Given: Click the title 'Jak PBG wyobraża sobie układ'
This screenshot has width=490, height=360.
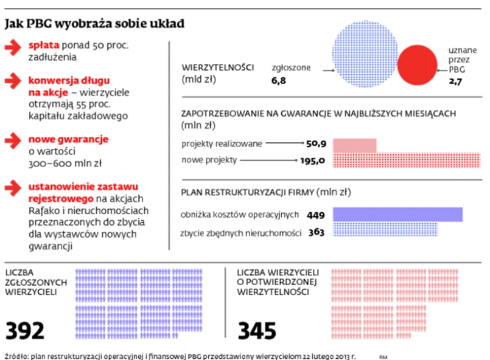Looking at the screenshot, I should (x=94, y=24).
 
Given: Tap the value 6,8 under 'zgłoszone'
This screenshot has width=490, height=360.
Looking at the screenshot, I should (x=279, y=80).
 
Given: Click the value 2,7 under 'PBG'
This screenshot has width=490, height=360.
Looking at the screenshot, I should (x=455, y=80).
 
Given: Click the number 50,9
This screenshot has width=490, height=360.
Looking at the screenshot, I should (x=317, y=144).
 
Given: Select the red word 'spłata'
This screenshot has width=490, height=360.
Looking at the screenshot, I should (x=44, y=46).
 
